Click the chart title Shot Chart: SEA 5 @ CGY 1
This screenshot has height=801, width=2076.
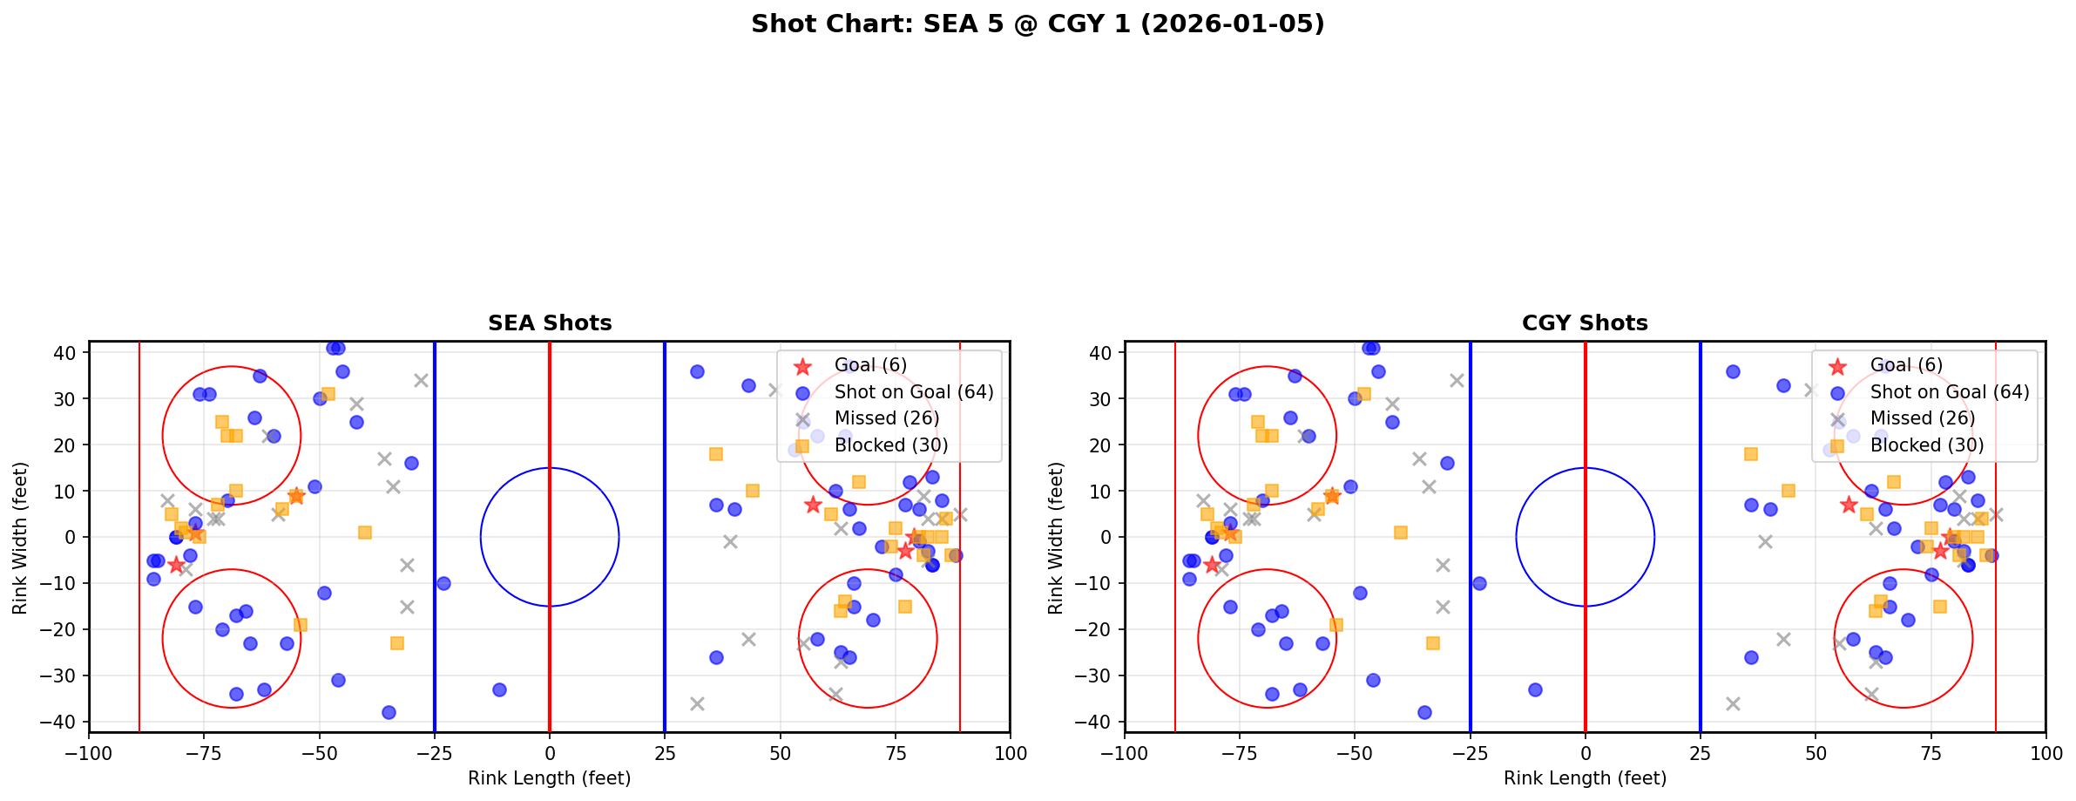[1038, 24]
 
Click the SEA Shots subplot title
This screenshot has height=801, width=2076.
[550, 323]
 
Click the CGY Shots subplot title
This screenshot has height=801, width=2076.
[1585, 323]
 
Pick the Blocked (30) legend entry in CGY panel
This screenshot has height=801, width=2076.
[1926, 445]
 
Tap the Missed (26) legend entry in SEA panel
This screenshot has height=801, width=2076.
[886, 418]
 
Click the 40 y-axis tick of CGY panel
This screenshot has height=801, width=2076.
[1100, 353]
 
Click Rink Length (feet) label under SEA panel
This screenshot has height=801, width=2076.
[550, 778]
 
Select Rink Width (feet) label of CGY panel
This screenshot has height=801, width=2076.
[1056, 537]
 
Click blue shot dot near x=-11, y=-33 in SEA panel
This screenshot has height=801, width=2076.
[499, 689]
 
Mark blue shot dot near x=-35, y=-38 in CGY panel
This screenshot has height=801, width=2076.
[1424, 712]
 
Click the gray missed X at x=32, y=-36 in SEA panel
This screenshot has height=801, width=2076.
[697, 703]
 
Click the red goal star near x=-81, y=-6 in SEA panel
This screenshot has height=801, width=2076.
[177, 565]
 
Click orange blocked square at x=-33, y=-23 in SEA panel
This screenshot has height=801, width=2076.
[397, 643]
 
